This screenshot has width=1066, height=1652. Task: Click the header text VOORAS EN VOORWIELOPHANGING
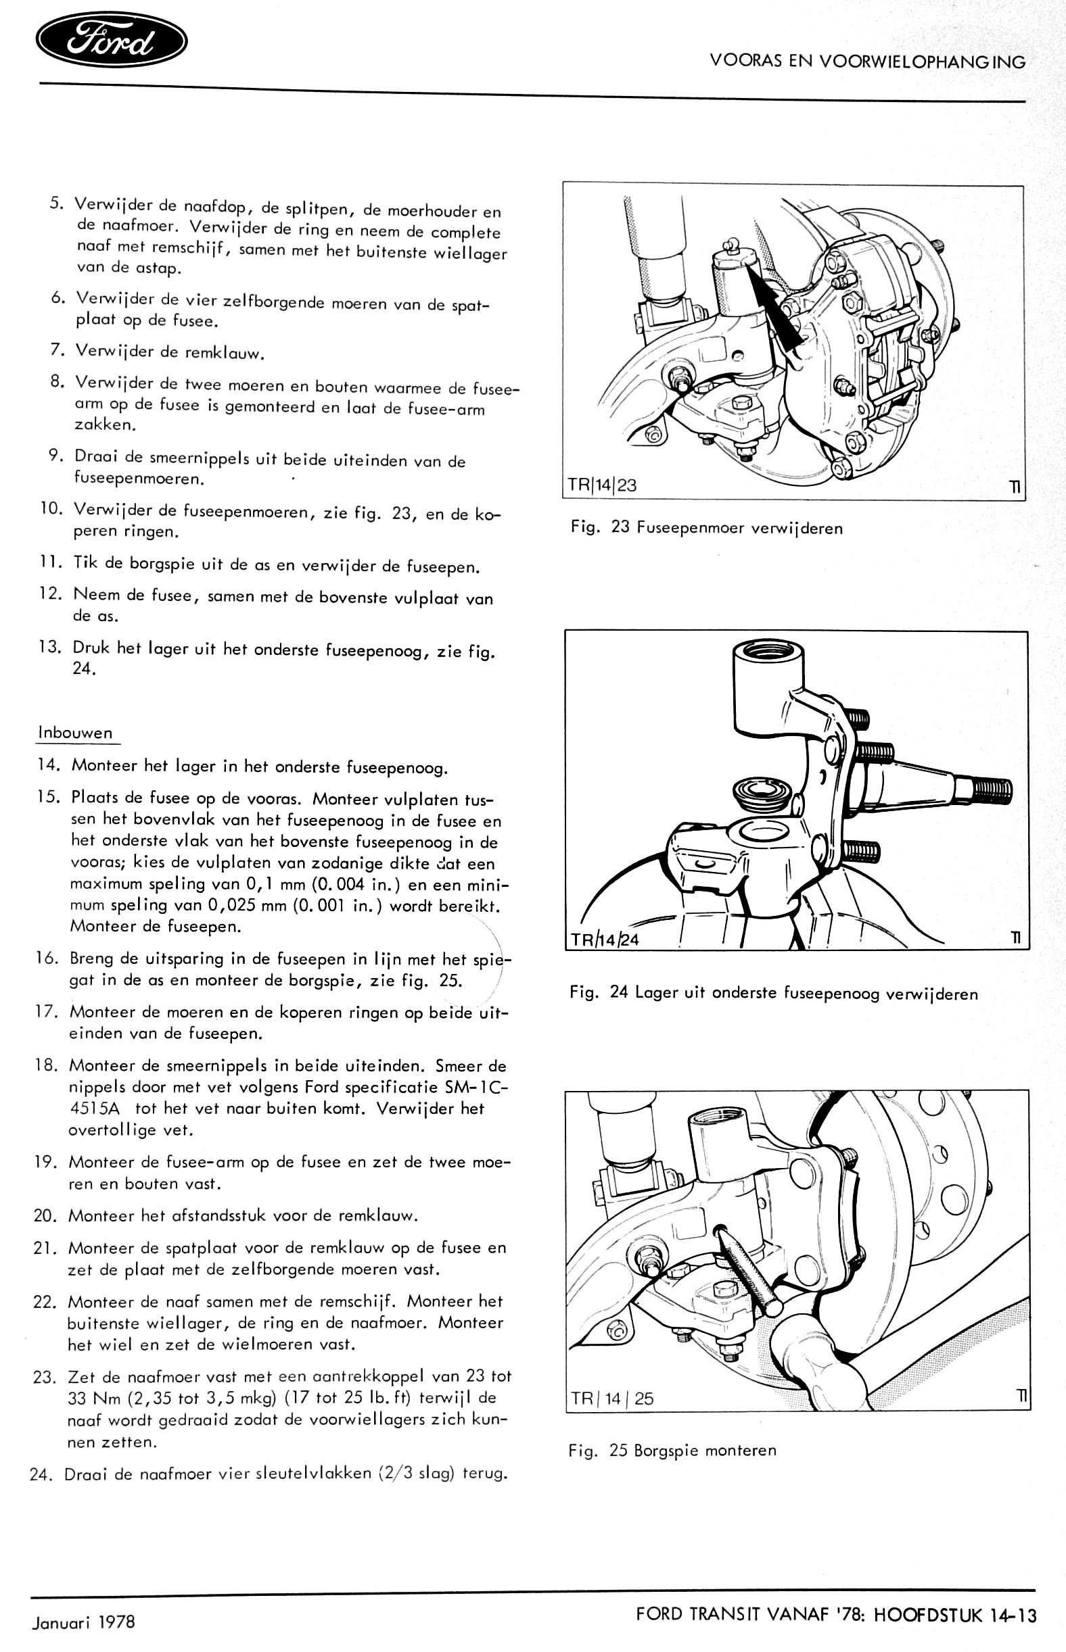click(867, 62)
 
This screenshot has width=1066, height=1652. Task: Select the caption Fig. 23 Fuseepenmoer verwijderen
click(707, 529)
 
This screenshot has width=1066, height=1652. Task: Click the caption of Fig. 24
click(774, 994)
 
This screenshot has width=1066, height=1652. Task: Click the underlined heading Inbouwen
click(76, 733)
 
